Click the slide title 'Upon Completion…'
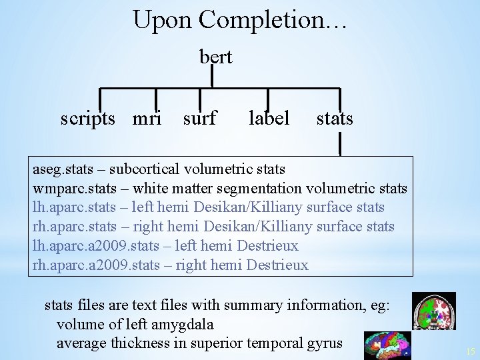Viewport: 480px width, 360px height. tap(239, 20)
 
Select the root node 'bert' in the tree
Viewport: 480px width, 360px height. tap(215, 57)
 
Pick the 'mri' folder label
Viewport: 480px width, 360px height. tap(147, 119)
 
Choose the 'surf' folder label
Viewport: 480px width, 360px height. tap(199, 119)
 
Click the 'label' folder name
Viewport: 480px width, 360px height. tap(269, 119)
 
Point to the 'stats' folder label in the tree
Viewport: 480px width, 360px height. tap(335, 119)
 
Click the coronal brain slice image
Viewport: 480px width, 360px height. tap(433, 311)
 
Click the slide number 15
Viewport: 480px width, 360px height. tap(471, 351)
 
